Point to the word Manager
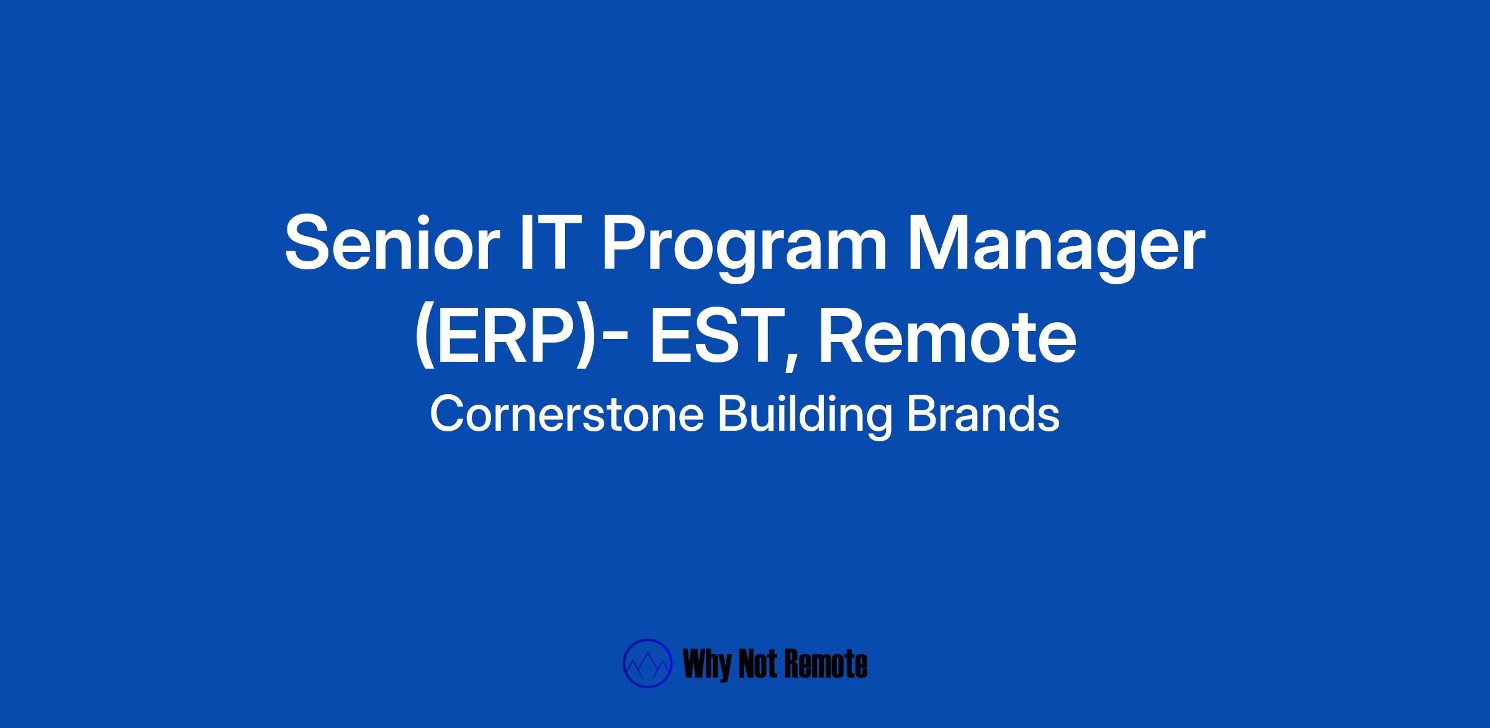tap(1056, 249)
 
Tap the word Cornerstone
tap(567, 414)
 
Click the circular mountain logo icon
tap(648, 663)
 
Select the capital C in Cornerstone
tap(446, 414)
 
